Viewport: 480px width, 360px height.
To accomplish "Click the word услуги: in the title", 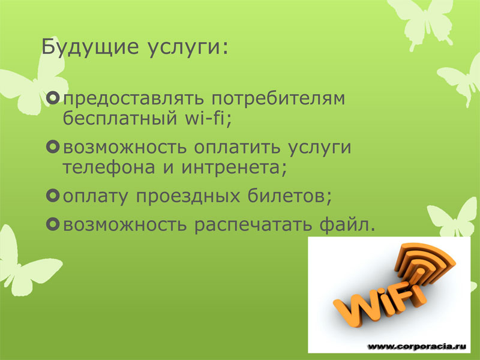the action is (x=188, y=48).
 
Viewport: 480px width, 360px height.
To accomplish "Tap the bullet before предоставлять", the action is (x=53, y=98).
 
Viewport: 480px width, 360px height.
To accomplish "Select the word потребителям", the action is (x=278, y=98).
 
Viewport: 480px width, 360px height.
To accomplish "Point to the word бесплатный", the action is (x=120, y=117).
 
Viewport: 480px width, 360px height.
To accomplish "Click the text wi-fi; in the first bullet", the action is (x=208, y=118).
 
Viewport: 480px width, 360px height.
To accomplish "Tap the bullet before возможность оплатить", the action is (x=53, y=146).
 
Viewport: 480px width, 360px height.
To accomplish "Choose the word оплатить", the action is (x=237, y=147).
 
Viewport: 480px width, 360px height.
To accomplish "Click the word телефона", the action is (x=109, y=167).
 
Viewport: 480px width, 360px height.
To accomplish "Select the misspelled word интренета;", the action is (x=234, y=167).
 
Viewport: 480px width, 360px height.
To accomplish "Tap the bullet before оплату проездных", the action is (x=53, y=196).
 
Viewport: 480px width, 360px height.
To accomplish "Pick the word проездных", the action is (x=188, y=197).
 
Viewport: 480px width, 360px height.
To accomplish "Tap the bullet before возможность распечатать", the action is (x=53, y=224).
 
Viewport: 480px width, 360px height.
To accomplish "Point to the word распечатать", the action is (x=253, y=225).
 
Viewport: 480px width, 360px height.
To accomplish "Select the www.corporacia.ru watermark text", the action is (x=416, y=346).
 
